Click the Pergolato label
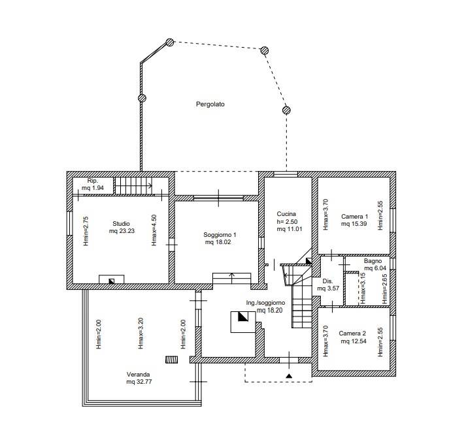point(210,104)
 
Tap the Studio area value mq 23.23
point(122,231)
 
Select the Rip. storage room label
point(93,181)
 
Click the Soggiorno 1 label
point(220,235)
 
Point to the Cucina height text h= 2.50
point(287,222)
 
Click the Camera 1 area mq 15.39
point(354,224)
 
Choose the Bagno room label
point(373,261)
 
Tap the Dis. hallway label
point(327,281)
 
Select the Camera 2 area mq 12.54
point(354,341)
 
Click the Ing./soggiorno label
point(265,303)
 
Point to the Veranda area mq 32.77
point(139,382)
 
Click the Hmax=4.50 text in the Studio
point(154,230)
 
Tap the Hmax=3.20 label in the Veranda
point(141,333)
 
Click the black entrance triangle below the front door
point(289,376)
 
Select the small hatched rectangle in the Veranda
point(172,359)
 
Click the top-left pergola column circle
point(169,42)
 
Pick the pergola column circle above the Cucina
point(286,110)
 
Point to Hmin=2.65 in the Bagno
point(384,289)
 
